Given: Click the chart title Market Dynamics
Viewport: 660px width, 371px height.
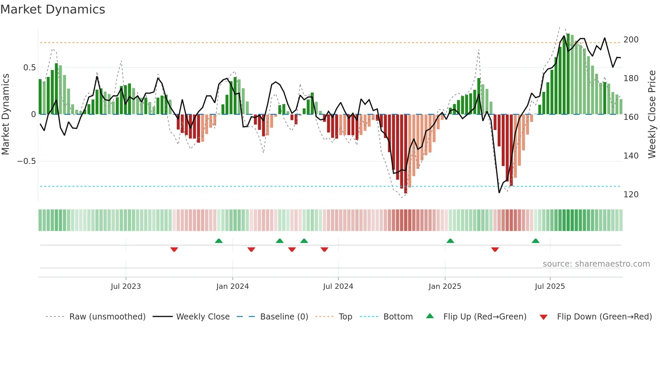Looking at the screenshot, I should pos(53,9).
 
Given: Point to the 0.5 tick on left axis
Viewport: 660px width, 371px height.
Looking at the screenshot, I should pos(29,68).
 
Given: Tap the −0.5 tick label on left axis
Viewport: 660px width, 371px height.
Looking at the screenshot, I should pos(26,161).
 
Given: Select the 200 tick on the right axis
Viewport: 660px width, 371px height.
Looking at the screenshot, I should pos(631,40).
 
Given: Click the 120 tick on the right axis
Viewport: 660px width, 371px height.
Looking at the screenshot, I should pos(631,195).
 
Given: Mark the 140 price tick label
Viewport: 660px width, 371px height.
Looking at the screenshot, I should pos(631,156).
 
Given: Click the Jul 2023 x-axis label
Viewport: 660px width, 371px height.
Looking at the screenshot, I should pos(126,286).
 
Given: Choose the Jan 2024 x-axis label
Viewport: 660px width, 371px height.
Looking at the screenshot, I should pos(232,286).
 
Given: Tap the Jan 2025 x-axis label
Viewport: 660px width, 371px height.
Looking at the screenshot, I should pos(444,286).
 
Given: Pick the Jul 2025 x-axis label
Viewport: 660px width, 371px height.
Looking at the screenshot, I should pos(550,286).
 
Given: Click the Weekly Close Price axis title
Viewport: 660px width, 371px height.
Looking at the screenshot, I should pos(652,114).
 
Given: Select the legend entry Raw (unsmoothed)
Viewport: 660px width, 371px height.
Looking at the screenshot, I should pos(107,317).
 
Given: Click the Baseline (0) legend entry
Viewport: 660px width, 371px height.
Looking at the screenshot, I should pos(284,317).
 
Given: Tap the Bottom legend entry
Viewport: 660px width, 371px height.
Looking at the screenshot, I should pos(398,317).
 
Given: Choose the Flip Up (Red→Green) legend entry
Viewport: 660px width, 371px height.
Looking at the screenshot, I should pos(485,317).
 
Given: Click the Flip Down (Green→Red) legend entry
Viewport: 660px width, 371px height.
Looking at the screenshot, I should pos(604,317).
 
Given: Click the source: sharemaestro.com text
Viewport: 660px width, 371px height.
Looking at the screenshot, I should pos(596,264).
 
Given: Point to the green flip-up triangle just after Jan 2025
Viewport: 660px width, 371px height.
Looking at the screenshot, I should pos(450,241).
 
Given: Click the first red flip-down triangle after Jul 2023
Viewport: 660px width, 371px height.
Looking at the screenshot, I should pos(174,249).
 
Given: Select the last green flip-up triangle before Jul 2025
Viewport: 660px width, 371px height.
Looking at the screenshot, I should pos(535,241).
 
